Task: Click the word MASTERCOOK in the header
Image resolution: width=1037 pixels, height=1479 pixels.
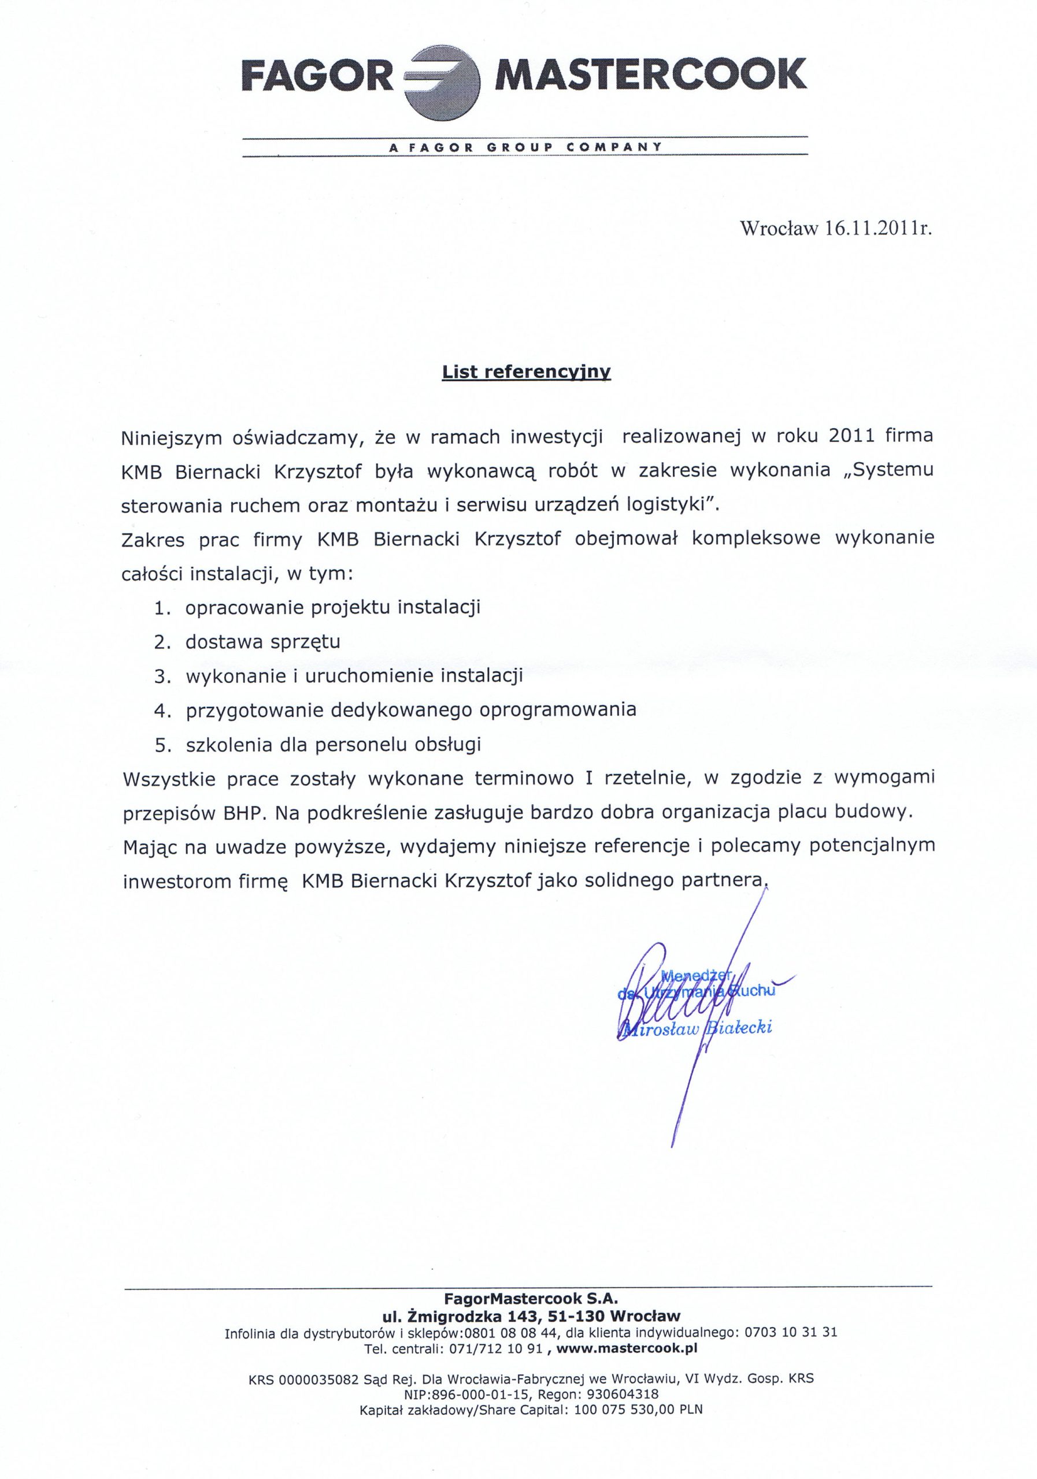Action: pyautogui.click(x=650, y=75)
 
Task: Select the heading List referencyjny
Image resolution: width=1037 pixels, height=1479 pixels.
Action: pyautogui.click(x=526, y=372)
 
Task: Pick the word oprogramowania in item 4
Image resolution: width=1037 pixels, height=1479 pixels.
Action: pyautogui.click(x=557, y=710)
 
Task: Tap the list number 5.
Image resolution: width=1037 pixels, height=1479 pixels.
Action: pyautogui.click(x=162, y=745)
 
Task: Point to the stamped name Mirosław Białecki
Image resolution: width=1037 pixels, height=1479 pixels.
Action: pyautogui.click(x=694, y=1027)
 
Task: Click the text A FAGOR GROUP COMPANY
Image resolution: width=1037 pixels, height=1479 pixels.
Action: pyautogui.click(x=525, y=147)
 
